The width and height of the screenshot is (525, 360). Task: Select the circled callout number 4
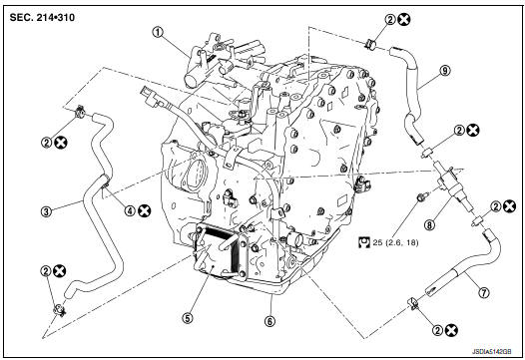pyautogui.click(x=129, y=209)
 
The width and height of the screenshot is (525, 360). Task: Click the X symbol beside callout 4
pyautogui.click(x=145, y=209)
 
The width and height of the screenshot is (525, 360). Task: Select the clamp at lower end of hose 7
pyautogui.click(x=412, y=303)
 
